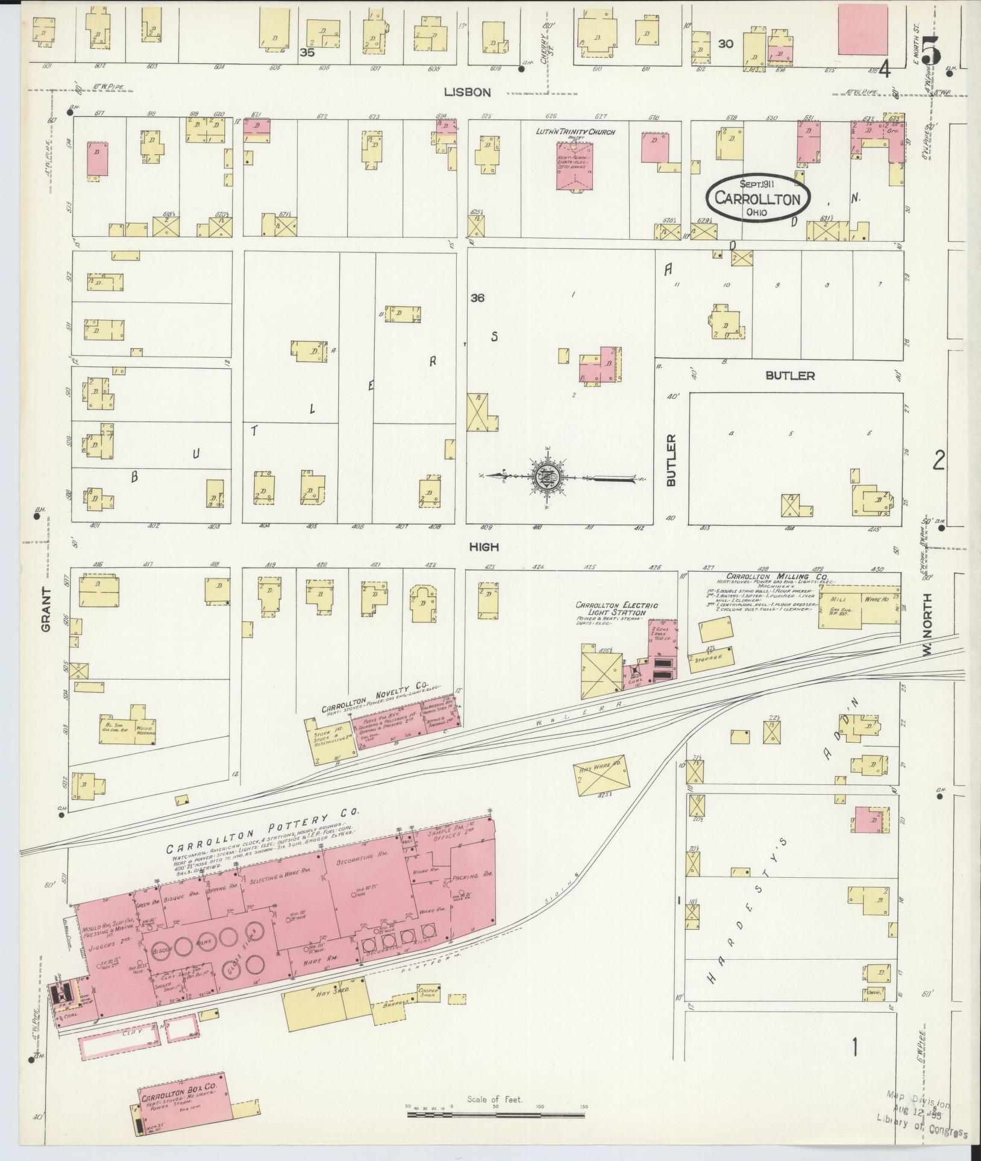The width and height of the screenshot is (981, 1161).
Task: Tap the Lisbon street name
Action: click(x=468, y=92)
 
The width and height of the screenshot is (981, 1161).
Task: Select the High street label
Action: click(x=485, y=546)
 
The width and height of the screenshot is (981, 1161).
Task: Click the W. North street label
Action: click(x=927, y=624)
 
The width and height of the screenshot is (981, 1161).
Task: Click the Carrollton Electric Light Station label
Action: click(x=616, y=609)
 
